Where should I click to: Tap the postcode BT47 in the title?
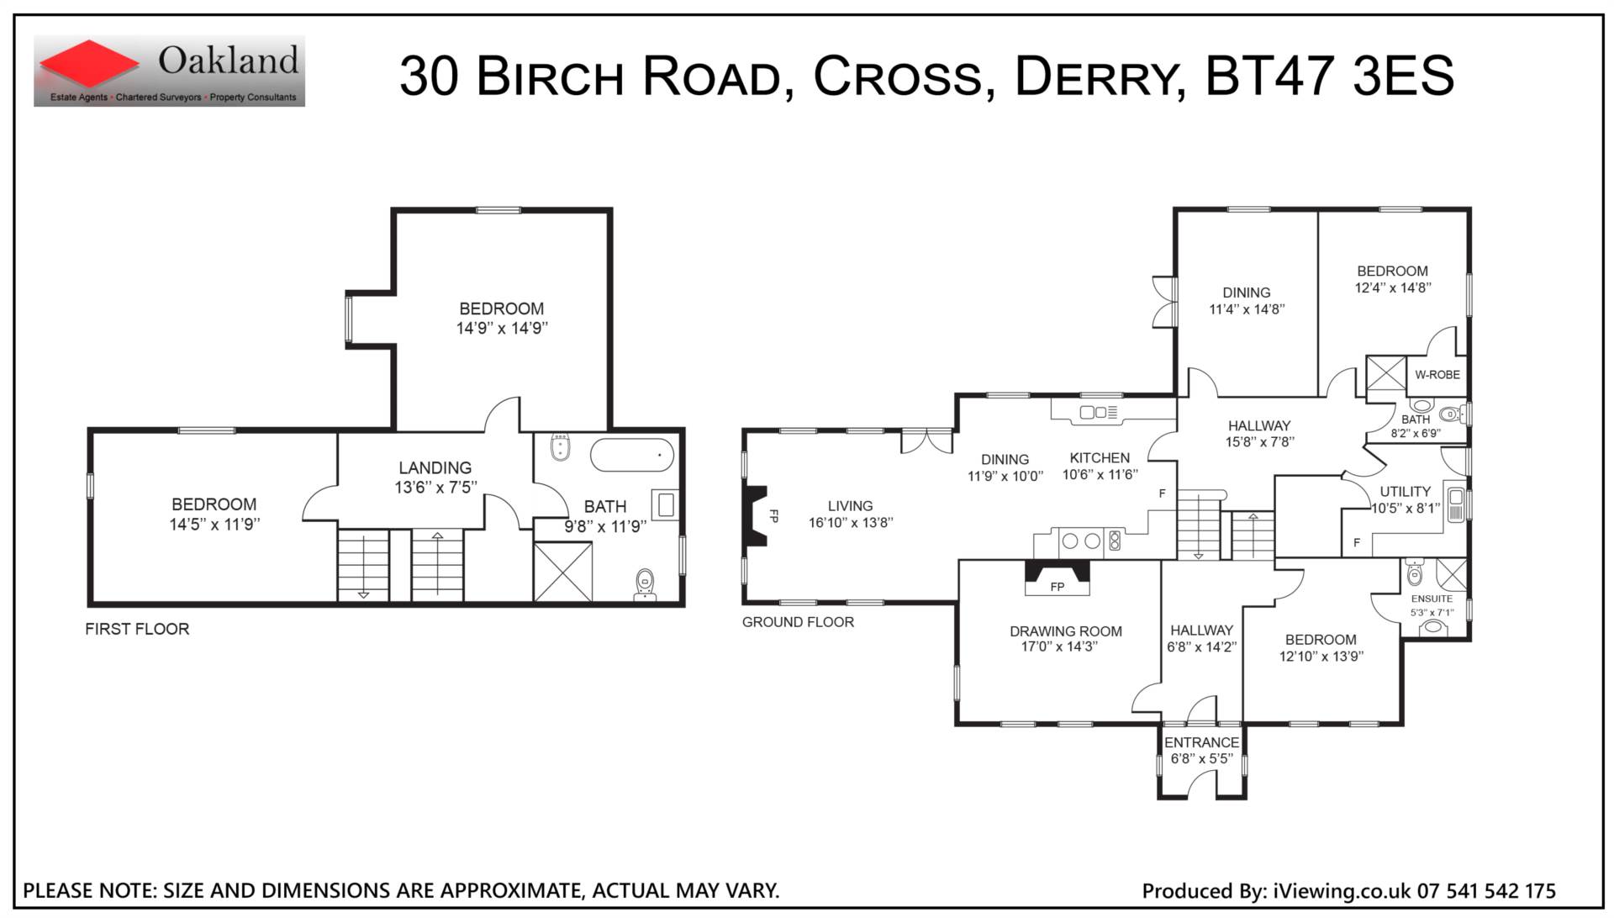(x=1269, y=75)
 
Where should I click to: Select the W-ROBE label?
(x=1437, y=375)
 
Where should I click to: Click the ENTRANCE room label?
(x=1201, y=742)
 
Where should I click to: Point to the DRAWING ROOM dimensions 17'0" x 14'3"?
(x=1066, y=646)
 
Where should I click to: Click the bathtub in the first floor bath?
(x=632, y=455)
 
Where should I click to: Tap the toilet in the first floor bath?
(x=645, y=584)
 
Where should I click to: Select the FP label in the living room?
(x=774, y=516)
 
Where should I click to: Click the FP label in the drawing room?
(x=1058, y=587)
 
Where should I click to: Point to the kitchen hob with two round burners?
(x=1081, y=541)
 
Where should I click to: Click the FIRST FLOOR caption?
(x=137, y=629)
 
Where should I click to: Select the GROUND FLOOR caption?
(x=798, y=622)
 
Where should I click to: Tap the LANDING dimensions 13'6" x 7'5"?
(x=435, y=488)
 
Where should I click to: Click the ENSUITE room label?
(x=1432, y=599)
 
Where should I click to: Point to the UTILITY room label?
(x=1405, y=492)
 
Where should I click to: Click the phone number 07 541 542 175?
(x=1486, y=891)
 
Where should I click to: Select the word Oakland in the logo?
(x=229, y=61)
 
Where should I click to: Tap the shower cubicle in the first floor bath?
(x=563, y=572)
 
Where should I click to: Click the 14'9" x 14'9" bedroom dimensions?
(x=502, y=329)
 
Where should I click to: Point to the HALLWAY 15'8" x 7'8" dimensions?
(x=1258, y=442)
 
